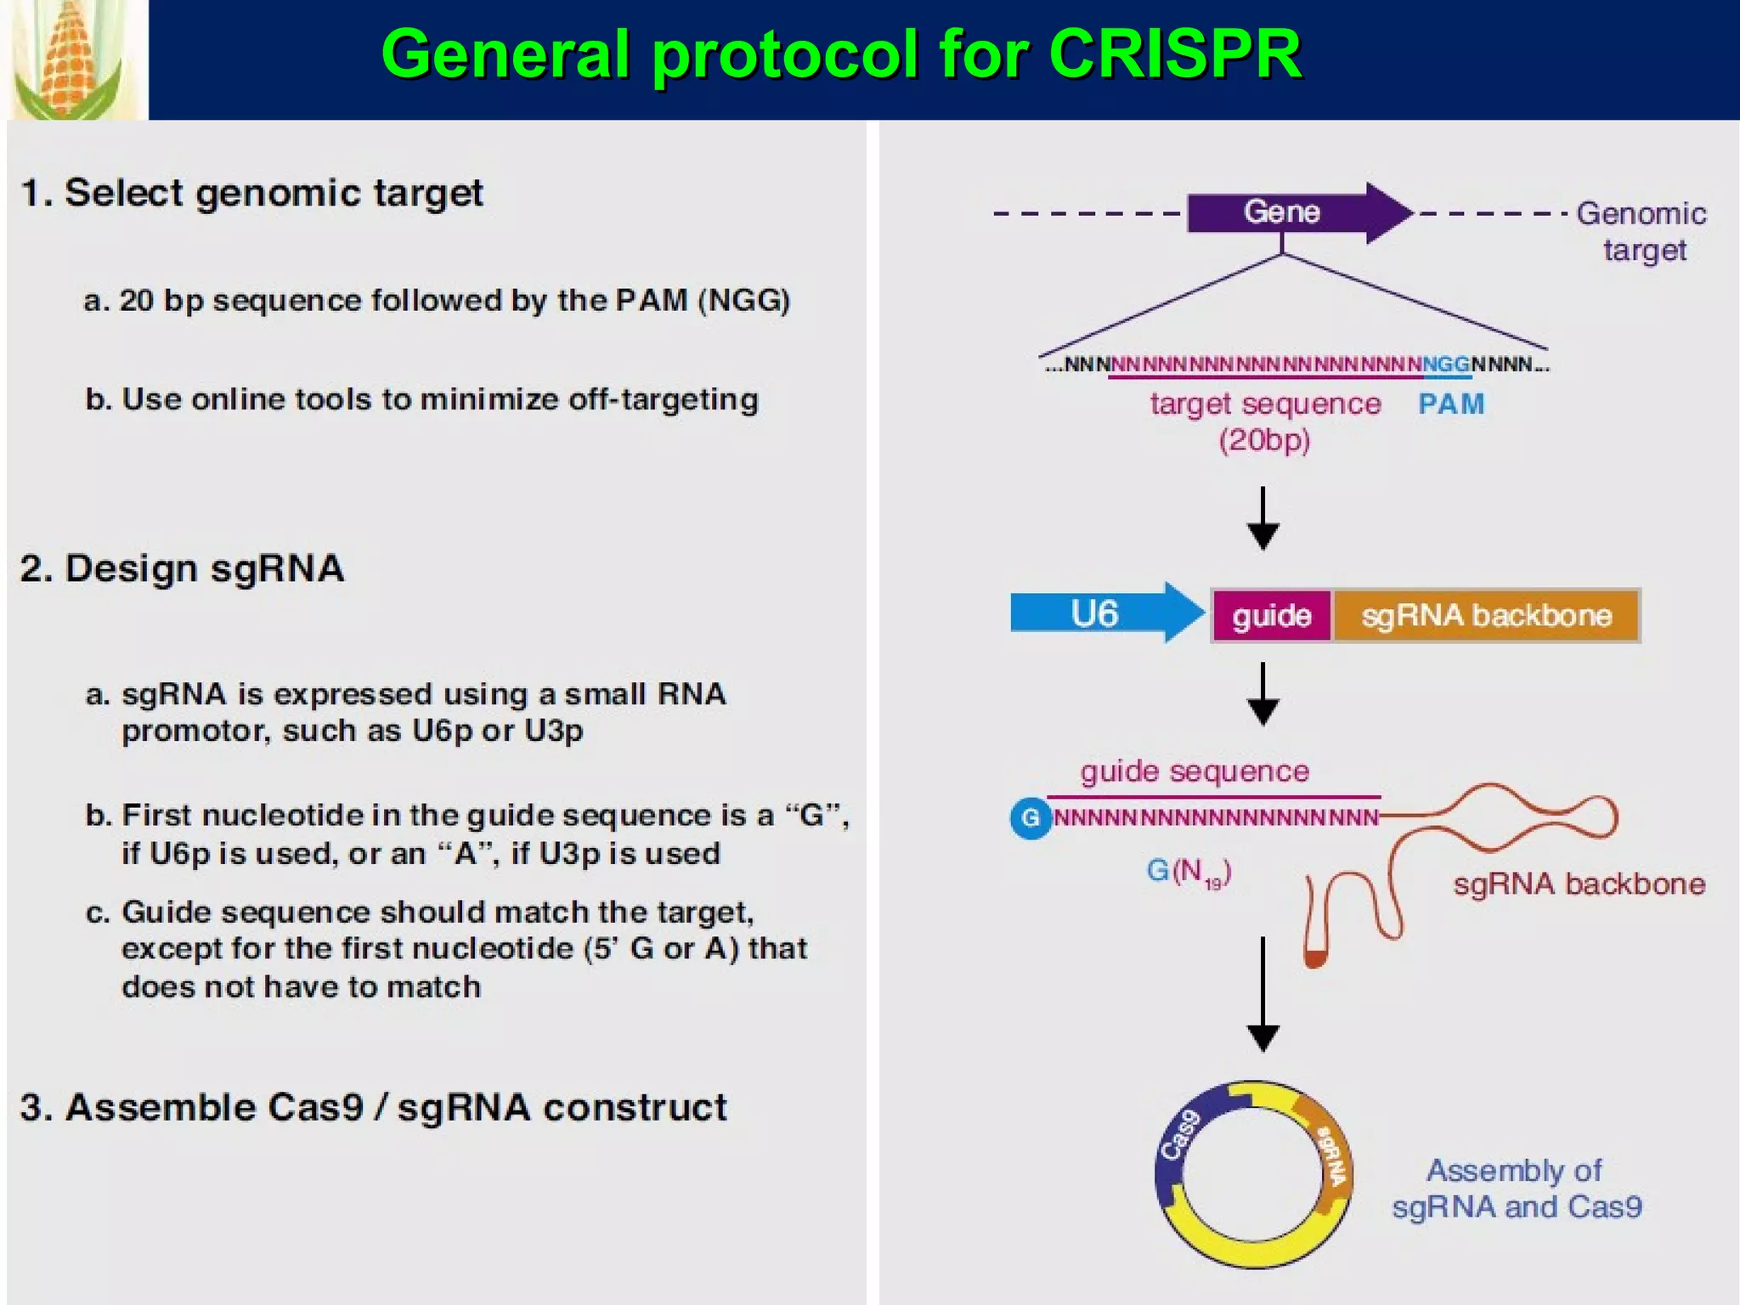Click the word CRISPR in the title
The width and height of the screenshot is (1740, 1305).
1175,54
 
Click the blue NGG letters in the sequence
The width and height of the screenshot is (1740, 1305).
1446,364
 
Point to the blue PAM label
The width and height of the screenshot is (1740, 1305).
1451,404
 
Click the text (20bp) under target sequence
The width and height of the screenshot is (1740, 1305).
1264,440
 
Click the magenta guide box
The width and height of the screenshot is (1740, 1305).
1271,615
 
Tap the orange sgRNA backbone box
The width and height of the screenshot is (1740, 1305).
1486,615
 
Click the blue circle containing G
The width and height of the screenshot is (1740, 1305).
1031,818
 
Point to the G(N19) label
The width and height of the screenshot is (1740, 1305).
1189,872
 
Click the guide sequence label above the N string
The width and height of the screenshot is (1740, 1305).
1195,771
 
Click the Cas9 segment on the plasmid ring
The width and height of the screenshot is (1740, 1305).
1181,1135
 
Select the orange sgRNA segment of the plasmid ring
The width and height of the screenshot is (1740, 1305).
1331,1155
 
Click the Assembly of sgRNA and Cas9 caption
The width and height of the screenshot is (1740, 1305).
1517,1189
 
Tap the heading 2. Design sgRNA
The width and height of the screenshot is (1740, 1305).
182,568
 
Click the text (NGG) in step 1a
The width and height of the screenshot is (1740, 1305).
743,301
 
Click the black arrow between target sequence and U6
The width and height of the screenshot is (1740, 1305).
1263,518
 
